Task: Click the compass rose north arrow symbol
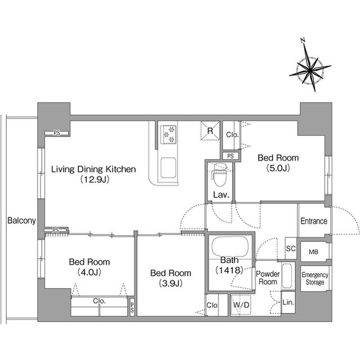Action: click(310, 69)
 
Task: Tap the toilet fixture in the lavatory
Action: click(220, 174)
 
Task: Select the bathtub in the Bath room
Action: click(230, 246)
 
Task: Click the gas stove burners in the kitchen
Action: click(168, 134)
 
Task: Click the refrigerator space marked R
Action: click(210, 130)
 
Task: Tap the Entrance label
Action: click(314, 221)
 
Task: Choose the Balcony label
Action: click(21, 221)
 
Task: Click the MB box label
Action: click(314, 252)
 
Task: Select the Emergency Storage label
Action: click(315, 278)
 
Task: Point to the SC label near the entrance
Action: click(291, 248)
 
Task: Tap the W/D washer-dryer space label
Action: click(241, 305)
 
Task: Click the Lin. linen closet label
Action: click(288, 302)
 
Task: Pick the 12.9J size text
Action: click(95, 179)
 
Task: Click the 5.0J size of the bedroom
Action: click(278, 168)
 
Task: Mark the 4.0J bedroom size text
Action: click(90, 272)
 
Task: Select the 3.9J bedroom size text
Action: click(171, 283)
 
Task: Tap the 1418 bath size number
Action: click(229, 270)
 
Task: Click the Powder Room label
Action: click(268, 278)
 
